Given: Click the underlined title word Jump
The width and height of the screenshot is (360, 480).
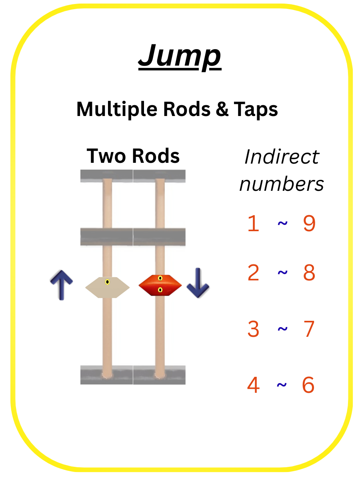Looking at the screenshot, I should [180, 56].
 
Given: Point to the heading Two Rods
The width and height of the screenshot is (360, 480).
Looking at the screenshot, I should [133, 156].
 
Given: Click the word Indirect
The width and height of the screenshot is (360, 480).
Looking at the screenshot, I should [282, 157].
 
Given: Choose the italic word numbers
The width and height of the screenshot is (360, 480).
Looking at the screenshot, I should [282, 184].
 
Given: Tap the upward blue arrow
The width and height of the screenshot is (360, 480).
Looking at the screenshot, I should [61, 285].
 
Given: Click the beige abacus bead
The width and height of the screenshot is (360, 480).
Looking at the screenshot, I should [107, 287].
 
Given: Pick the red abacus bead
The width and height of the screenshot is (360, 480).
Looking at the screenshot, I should [160, 286].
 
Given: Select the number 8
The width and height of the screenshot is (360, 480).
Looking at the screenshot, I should [309, 273].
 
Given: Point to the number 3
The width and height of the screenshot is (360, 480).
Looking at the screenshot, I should [253, 329].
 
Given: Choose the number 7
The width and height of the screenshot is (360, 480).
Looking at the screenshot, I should [309, 329].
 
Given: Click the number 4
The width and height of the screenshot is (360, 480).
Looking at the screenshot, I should [253, 385].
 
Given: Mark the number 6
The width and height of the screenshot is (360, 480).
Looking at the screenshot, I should [308, 385].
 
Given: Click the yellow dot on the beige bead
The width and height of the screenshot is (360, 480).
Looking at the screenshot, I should [107, 282].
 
